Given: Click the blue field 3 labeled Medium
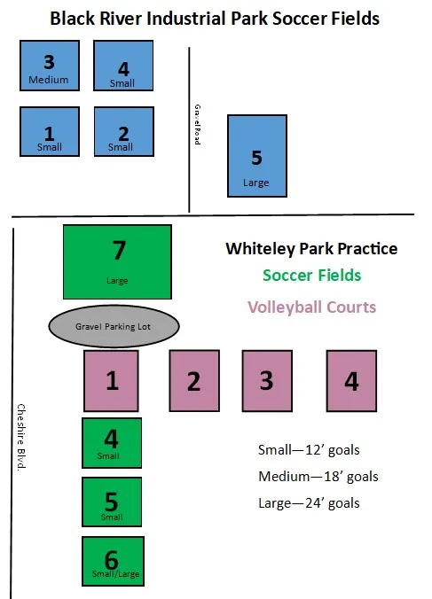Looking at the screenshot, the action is pyautogui.click(x=50, y=66).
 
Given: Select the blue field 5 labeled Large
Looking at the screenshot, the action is pyautogui.click(x=257, y=156).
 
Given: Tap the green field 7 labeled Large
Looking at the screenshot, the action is pyautogui.click(x=117, y=261).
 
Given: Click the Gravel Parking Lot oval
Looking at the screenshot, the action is pyautogui.click(x=114, y=326).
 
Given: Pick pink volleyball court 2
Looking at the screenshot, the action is pyautogui.click(x=194, y=381).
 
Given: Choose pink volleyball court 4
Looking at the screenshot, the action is pyautogui.click(x=351, y=381).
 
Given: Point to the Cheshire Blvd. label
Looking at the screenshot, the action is pyautogui.click(x=21, y=438).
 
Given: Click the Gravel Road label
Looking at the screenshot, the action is pyautogui.click(x=197, y=125).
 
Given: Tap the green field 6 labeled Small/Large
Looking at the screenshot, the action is pyautogui.click(x=114, y=561).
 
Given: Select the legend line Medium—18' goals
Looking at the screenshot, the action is pyautogui.click(x=318, y=477).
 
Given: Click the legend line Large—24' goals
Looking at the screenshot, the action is pyautogui.click(x=309, y=503).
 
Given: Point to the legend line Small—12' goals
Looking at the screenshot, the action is pyautogui.click(x=309, y=450).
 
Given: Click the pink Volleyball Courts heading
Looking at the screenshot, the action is pyautogui.click(x=311, y=307).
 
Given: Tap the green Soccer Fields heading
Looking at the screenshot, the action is pyautogui.click(x=311, y=275).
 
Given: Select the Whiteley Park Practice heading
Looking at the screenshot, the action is pyautogui.click(x=311, y=249).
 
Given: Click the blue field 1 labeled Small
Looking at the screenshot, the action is pyautogui.click(x=50, y=131).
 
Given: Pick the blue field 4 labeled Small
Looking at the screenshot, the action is pyautogui.click(x=123, y=66).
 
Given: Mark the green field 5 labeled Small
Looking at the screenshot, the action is pyautogui.click(x=112, y=502).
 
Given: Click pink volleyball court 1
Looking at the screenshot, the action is pyautogui.click(x=111, y=381).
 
